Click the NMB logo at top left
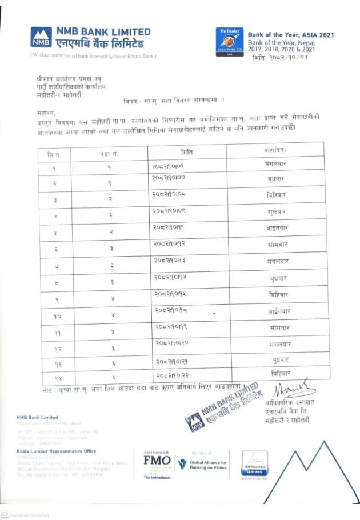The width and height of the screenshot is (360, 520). [41, 38]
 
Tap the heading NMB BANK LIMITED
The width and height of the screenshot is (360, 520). [103, 32]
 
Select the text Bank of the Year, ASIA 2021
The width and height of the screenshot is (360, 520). [290, 35]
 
